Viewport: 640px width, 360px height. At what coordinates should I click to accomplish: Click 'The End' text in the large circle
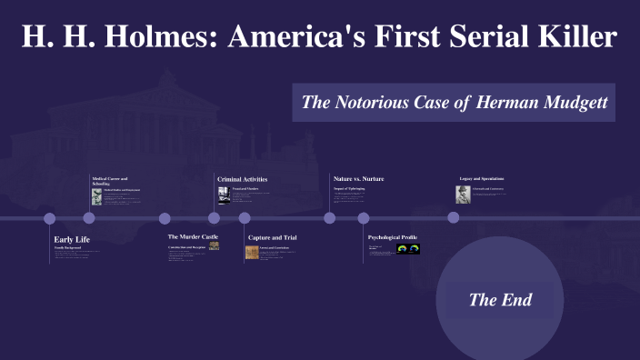[500, 299]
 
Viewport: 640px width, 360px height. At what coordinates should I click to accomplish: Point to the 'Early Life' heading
[72, 239]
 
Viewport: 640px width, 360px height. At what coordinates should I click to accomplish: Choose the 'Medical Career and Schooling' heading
[110, 180]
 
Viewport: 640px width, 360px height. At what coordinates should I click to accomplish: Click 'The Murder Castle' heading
[193, 236]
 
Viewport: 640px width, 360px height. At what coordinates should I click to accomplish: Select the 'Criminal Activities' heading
[242, 179]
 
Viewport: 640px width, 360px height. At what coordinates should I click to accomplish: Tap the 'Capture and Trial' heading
[272, 237]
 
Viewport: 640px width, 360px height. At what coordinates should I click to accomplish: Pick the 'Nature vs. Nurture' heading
[358, 179]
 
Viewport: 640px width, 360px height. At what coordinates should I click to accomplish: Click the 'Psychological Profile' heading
[392, 237]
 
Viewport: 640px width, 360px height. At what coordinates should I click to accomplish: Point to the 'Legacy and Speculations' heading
[481, 178]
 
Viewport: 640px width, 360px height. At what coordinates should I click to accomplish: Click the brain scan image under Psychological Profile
[407, 248]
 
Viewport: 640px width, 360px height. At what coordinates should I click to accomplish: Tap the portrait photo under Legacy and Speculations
[463, 195]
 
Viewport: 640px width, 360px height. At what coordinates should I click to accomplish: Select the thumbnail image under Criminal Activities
[223, 195]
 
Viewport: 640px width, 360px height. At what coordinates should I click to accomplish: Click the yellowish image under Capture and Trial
[252, 253]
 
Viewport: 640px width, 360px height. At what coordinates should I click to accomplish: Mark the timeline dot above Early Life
[50, 218]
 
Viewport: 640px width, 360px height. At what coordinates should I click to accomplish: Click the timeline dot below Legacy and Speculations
[454, 218]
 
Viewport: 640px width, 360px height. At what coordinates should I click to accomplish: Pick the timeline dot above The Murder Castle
[165, 218]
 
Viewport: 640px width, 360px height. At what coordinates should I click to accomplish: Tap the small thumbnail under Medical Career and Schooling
[96, 195]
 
